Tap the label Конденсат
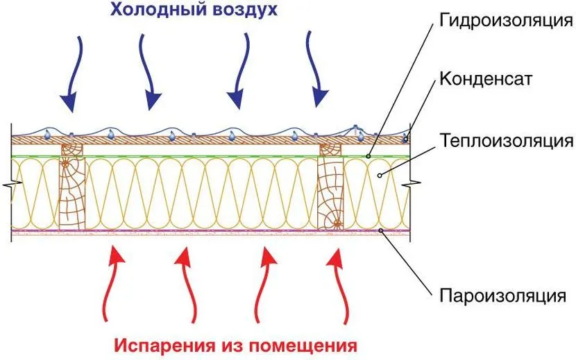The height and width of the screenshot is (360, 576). (485, 78)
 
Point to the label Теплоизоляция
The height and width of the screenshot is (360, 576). (505, 141)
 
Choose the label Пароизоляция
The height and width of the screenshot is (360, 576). (500, 296)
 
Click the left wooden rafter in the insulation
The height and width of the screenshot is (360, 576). (71, 188)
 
